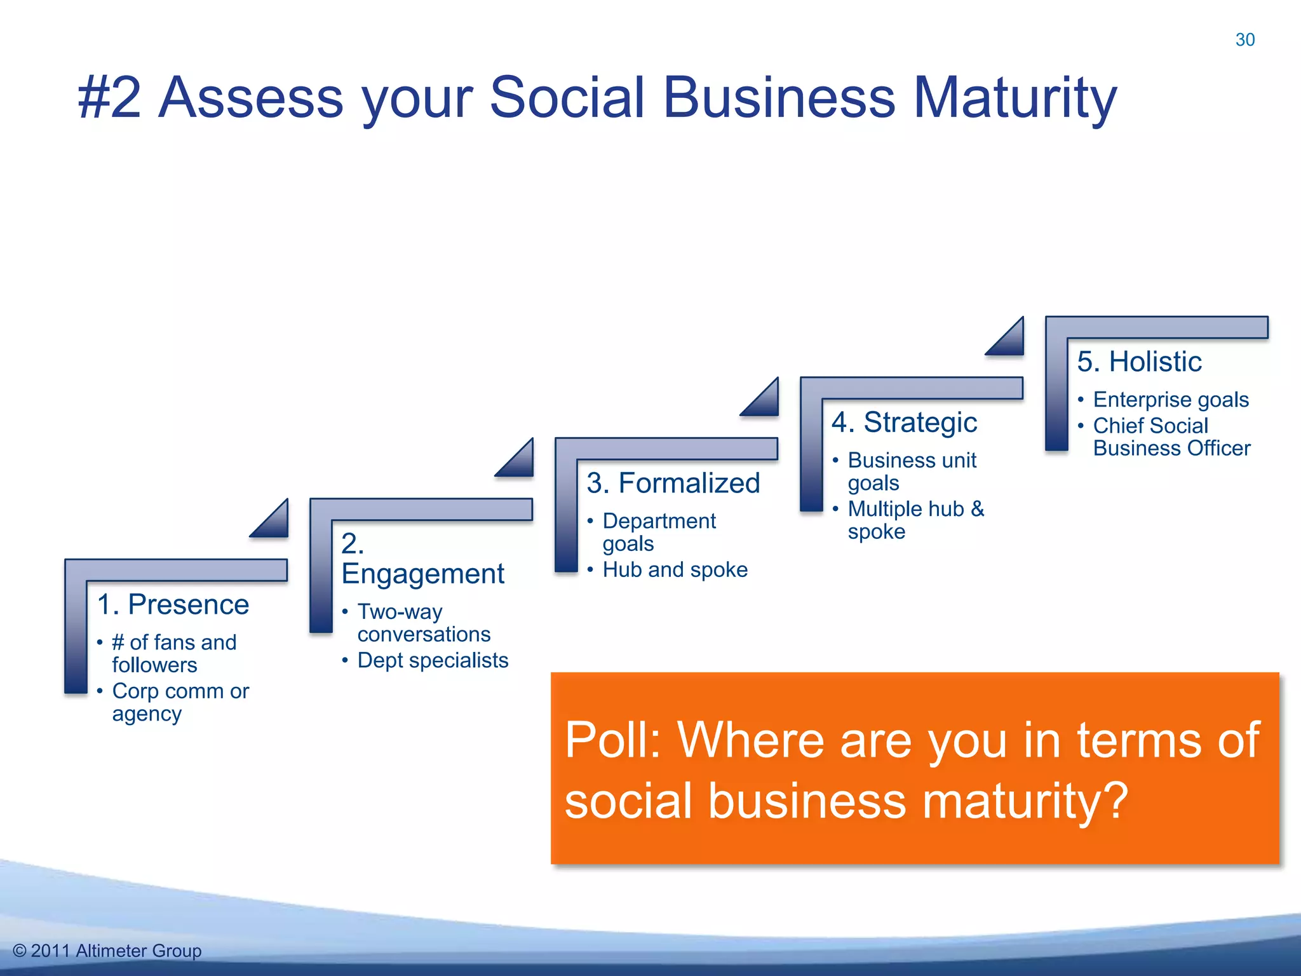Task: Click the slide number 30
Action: (1244, 39)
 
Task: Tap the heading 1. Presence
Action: (173, 604)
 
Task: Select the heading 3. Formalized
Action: (673, 483)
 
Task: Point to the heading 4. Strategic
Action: (904, 423)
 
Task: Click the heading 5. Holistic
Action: (1139, 362)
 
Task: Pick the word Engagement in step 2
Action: (422, 574)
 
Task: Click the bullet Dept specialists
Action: (433, 660)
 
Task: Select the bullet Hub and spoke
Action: (675, 569)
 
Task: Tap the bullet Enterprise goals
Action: (1171, 400)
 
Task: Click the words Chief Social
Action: (1150, 426)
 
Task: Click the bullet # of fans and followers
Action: (173, 653)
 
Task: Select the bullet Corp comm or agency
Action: (180, 702)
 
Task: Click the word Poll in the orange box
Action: (611, 740)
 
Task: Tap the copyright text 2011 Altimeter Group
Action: (116, 951)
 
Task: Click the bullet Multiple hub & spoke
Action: (915, 520)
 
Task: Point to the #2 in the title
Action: (109, 98)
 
